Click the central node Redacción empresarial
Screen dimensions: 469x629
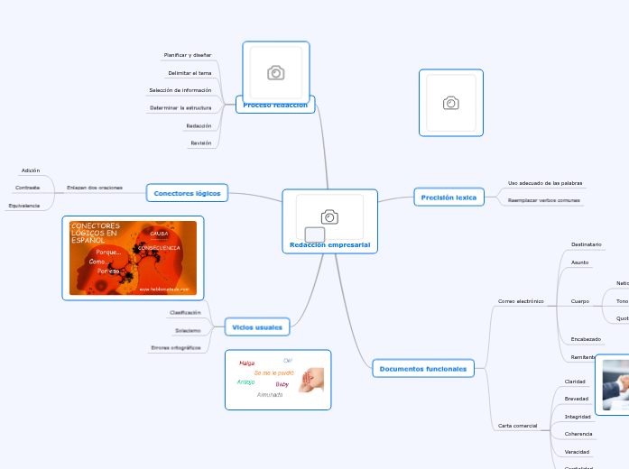[x=329, y=244]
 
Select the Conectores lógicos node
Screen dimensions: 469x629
[x=188, y=193]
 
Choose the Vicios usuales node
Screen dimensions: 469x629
[x=257, y=327]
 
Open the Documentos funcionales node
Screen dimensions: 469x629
[x=423, y=368]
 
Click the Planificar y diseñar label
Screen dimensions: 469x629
[x=188, y=55]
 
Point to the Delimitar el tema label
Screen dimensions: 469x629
[x=190, y=73]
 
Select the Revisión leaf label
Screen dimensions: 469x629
[x=200, y=143]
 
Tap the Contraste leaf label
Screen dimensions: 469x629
[x=27, y=188]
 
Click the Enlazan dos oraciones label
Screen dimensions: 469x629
[x=95, y=188]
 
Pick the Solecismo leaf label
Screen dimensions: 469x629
[x=188, y=330]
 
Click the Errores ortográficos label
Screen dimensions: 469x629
[x=176, y=347]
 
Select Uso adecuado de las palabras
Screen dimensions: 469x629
[x=544, y=183]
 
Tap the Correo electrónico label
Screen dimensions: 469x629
[x=521, y=300]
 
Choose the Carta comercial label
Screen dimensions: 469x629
[x=518, y=425]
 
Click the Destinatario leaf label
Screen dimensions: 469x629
[x=587, y=244]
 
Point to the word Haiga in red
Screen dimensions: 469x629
[x=246, y=363]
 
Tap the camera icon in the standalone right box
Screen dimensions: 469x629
[x=450, y=103]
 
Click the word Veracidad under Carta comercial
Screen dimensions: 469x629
[x=577, y=451]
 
